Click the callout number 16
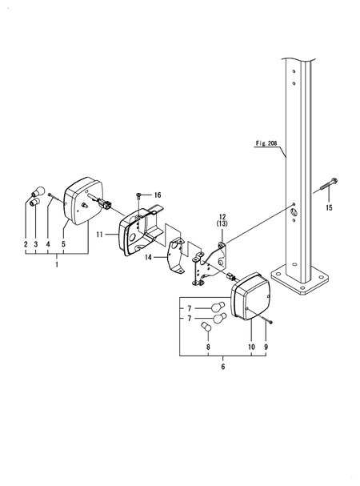tap(158, 195)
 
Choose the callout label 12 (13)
tap(222, 222)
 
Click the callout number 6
tap(222, 366)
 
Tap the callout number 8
tap(210, 347)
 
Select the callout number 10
tap(252, 347)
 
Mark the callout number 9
tap(266, 347)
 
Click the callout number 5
tap(63, 243)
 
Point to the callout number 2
tap(26, 243)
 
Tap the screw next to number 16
tap(140, 195)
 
